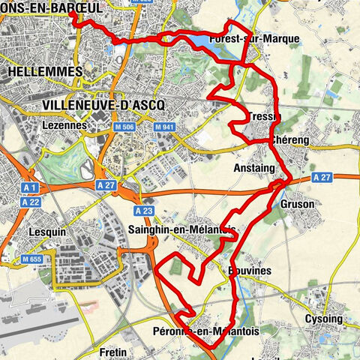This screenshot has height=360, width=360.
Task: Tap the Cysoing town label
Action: click(323, 319)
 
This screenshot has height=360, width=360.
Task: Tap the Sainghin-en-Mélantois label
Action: click(182, 229)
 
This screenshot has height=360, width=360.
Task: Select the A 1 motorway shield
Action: click(30, 187)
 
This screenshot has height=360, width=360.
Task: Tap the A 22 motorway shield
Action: click(30, 202)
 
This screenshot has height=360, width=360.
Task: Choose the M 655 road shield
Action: click(31, 259)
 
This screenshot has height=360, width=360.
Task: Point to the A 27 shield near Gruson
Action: click(322, 177)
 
